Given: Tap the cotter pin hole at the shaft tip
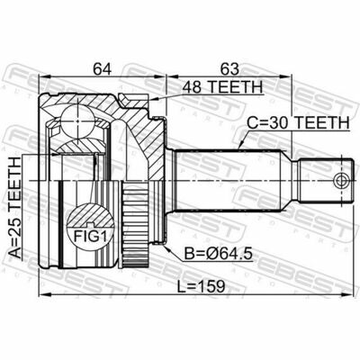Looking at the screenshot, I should pyautogui.click(x=339, y=182).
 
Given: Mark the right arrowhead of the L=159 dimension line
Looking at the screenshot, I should pyautogui.click(x=347, y=301).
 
